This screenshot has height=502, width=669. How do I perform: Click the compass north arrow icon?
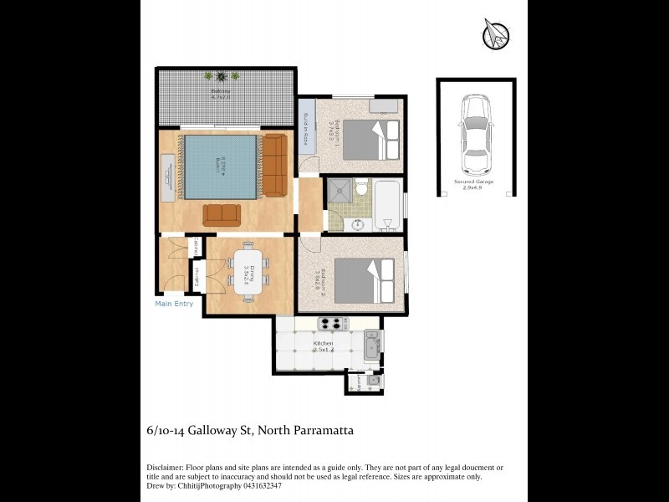496,34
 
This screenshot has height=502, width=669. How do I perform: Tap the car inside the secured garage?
476,134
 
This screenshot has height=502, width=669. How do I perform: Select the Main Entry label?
174,304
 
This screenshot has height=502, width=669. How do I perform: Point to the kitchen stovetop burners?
332,324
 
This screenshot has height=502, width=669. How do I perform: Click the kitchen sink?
372,343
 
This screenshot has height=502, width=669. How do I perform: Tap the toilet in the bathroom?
362,188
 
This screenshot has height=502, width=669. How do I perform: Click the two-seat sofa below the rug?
222,214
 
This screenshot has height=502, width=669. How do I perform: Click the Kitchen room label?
323,344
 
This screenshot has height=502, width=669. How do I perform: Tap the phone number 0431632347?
258,485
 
